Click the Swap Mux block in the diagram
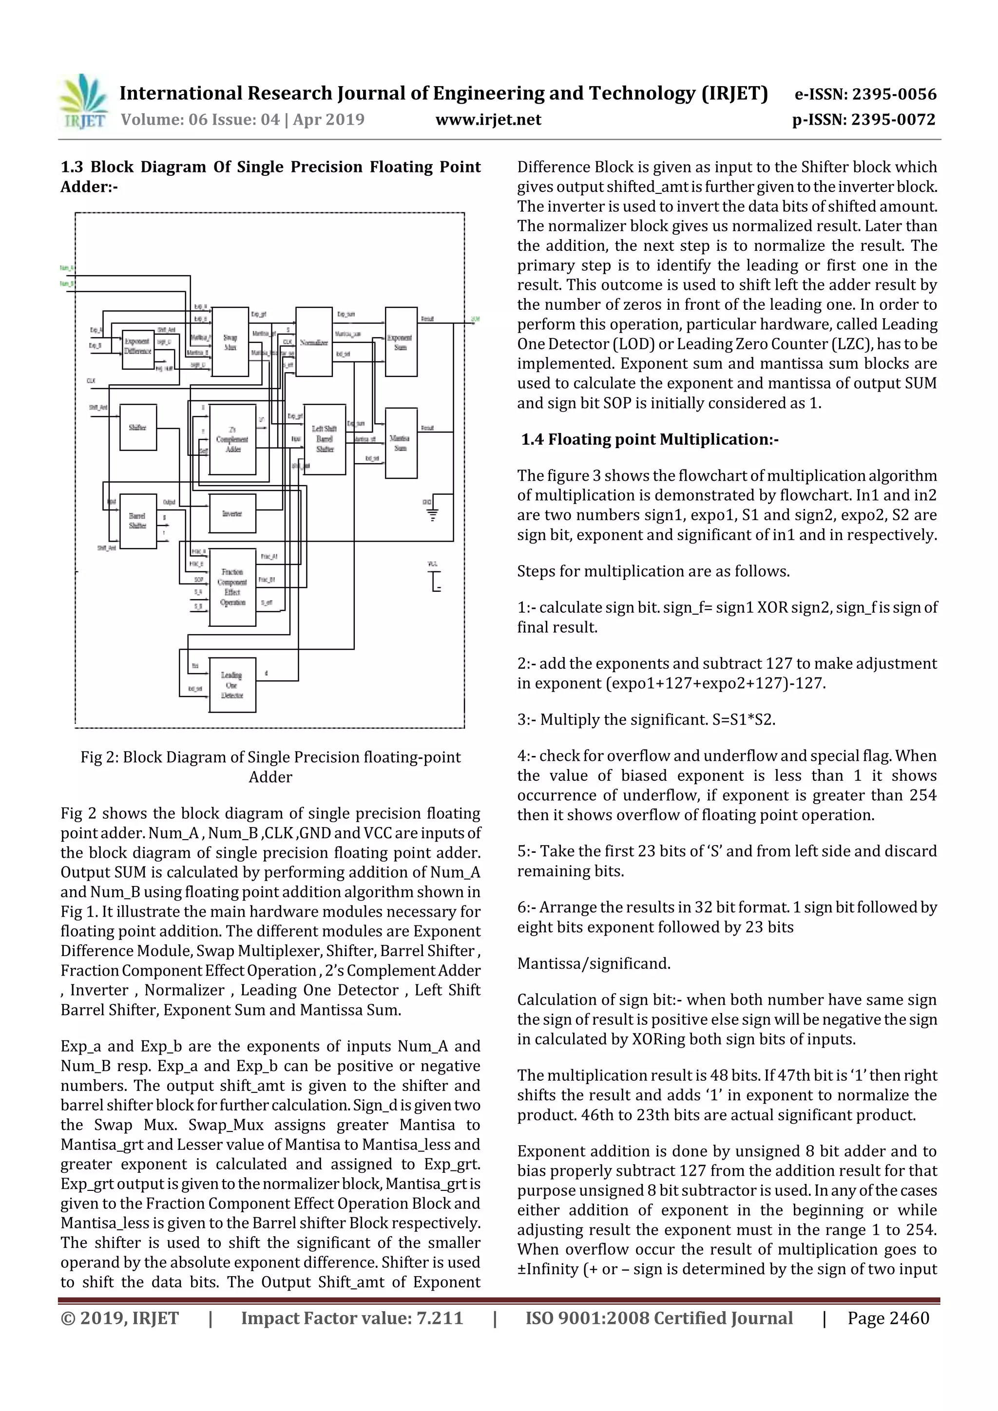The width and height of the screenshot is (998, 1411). (230, 342)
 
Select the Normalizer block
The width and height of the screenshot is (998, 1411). (314, 342)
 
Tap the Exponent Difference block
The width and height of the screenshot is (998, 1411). (138, 347)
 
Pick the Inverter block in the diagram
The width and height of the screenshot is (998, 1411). (232, 514)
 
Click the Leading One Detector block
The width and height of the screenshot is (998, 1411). (232, 685)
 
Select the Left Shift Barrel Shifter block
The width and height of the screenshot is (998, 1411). (325, 439)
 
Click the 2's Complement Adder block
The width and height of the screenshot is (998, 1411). (232, 439)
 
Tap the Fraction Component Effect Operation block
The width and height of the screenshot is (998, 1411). (232, 587)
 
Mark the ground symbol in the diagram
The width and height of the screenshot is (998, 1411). (432, 514)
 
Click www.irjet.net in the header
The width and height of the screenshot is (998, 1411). (488, 120)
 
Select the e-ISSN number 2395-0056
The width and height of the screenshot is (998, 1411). (893, 94)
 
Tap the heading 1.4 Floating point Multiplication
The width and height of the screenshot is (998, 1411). (650, 439)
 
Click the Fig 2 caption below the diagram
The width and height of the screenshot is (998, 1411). (270, 767)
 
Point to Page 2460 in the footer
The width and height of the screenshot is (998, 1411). (888, 1318)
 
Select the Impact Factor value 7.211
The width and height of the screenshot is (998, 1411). (352, 1318)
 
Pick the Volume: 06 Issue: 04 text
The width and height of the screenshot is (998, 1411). (242, 120)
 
